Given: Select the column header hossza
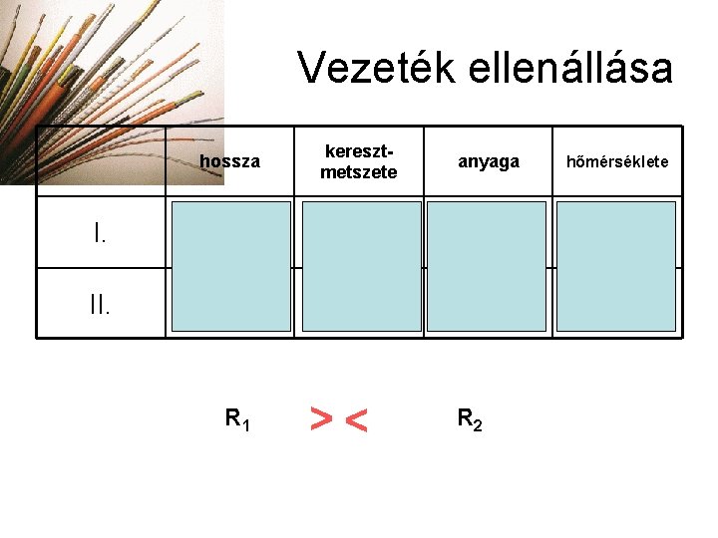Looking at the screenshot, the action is [x=229, y=161].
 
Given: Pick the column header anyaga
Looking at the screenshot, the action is [x=488, y=161].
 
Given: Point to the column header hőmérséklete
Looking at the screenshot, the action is [x=617, y=161].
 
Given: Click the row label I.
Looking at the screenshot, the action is [x=100, y=234].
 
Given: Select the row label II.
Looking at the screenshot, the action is [x=100, y=303].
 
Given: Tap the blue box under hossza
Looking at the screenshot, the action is [x=231, y=266].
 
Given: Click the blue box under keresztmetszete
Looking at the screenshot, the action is [x=361, y=266].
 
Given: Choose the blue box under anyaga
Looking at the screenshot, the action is [x=487, y=266].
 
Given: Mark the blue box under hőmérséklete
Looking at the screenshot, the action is [x=616, y=266].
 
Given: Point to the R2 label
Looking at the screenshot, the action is [x=470, y=419].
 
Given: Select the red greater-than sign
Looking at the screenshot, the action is [x=321, y=420].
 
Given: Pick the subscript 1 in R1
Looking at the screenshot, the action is [x=245, y=425].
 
